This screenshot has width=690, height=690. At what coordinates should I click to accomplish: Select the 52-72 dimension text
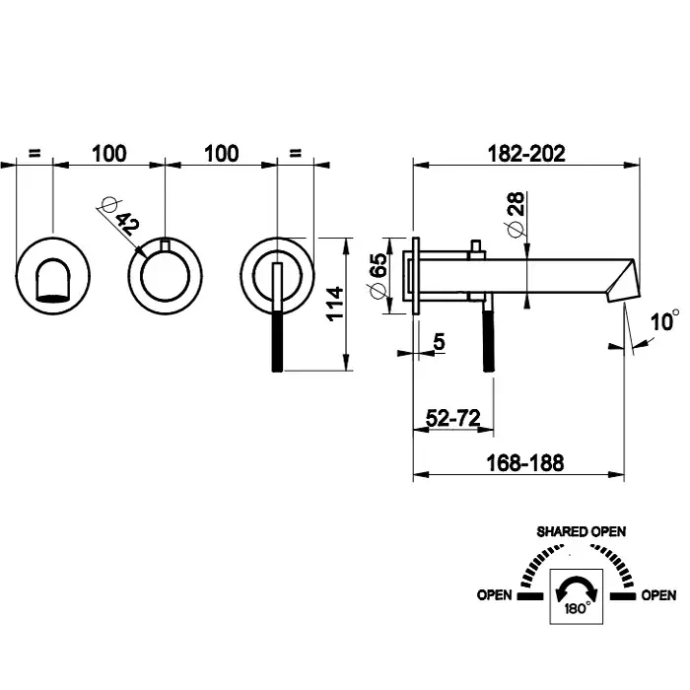click(x=452, y=419)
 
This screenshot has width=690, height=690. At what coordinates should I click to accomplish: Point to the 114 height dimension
click(x=335, y=305)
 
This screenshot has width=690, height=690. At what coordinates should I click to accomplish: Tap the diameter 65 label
click(x=378, y=274)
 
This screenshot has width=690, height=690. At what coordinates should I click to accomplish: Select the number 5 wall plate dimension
click(x=438, y=341)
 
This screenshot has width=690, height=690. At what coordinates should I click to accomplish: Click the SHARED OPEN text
click(x=581, y=531)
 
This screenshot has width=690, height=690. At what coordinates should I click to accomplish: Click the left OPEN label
click(x=494, y=595)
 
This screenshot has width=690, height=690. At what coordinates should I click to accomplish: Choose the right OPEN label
click(x=658, y=595)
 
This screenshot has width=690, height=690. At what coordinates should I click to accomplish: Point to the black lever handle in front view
click(x=276, y=335)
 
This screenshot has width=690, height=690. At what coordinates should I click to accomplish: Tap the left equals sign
click(x=34, y=154)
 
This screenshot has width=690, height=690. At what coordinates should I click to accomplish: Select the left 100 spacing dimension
click(x=109, y=154)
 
